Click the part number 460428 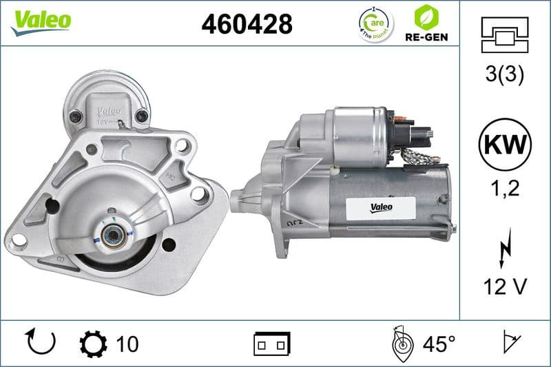pyautogui.click(x=247, y=24)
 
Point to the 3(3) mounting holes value pyautogui.click(x=505, y=74)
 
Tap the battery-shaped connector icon pyautogui.click(x=272, y=343)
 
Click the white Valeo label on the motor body pyautogui.click(x=383, y=205)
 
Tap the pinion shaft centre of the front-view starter pyautogui.click(x=111, y=236)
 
